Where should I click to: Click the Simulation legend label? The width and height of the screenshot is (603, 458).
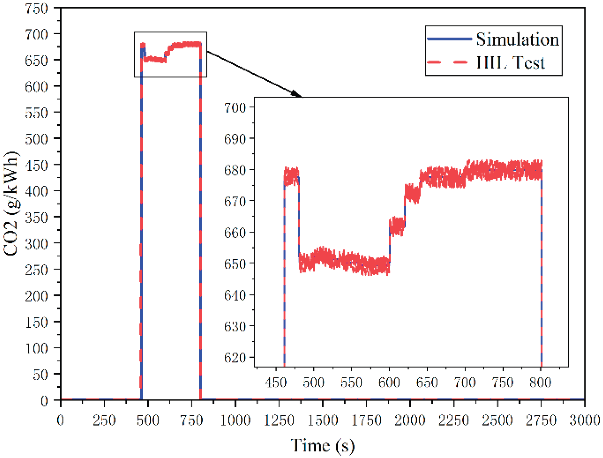click(517, 39)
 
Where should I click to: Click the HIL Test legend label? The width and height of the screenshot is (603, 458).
click(510, 62)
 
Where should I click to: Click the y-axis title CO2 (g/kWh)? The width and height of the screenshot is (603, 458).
click(12, 203)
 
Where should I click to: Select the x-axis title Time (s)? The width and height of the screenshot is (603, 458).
click(323, 445)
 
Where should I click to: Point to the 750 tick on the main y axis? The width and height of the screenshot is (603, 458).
click(36, 8)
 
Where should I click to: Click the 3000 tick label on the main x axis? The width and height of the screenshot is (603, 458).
click(585, 421)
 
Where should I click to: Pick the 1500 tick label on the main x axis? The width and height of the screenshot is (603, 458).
click(323, 421)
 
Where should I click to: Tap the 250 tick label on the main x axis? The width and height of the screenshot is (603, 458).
click(104, 421)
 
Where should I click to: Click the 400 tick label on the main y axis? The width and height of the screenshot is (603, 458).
click(36, 191)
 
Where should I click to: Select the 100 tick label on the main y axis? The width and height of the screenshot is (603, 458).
click(36, 348)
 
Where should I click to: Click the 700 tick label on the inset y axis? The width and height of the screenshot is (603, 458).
click(235, 107)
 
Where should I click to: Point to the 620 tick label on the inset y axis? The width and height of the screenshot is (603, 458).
click(235, 357)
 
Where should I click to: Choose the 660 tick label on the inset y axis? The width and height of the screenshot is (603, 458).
click(235, 232)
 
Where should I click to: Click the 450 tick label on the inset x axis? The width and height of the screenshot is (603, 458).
click(276, 383)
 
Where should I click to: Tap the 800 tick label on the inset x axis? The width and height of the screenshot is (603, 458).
click(540, 383)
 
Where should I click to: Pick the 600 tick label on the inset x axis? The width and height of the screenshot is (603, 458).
click(389, 383)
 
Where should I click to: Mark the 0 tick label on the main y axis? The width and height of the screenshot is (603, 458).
click(44, 401)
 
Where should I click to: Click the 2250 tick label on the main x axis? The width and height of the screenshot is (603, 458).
click(454, 421)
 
